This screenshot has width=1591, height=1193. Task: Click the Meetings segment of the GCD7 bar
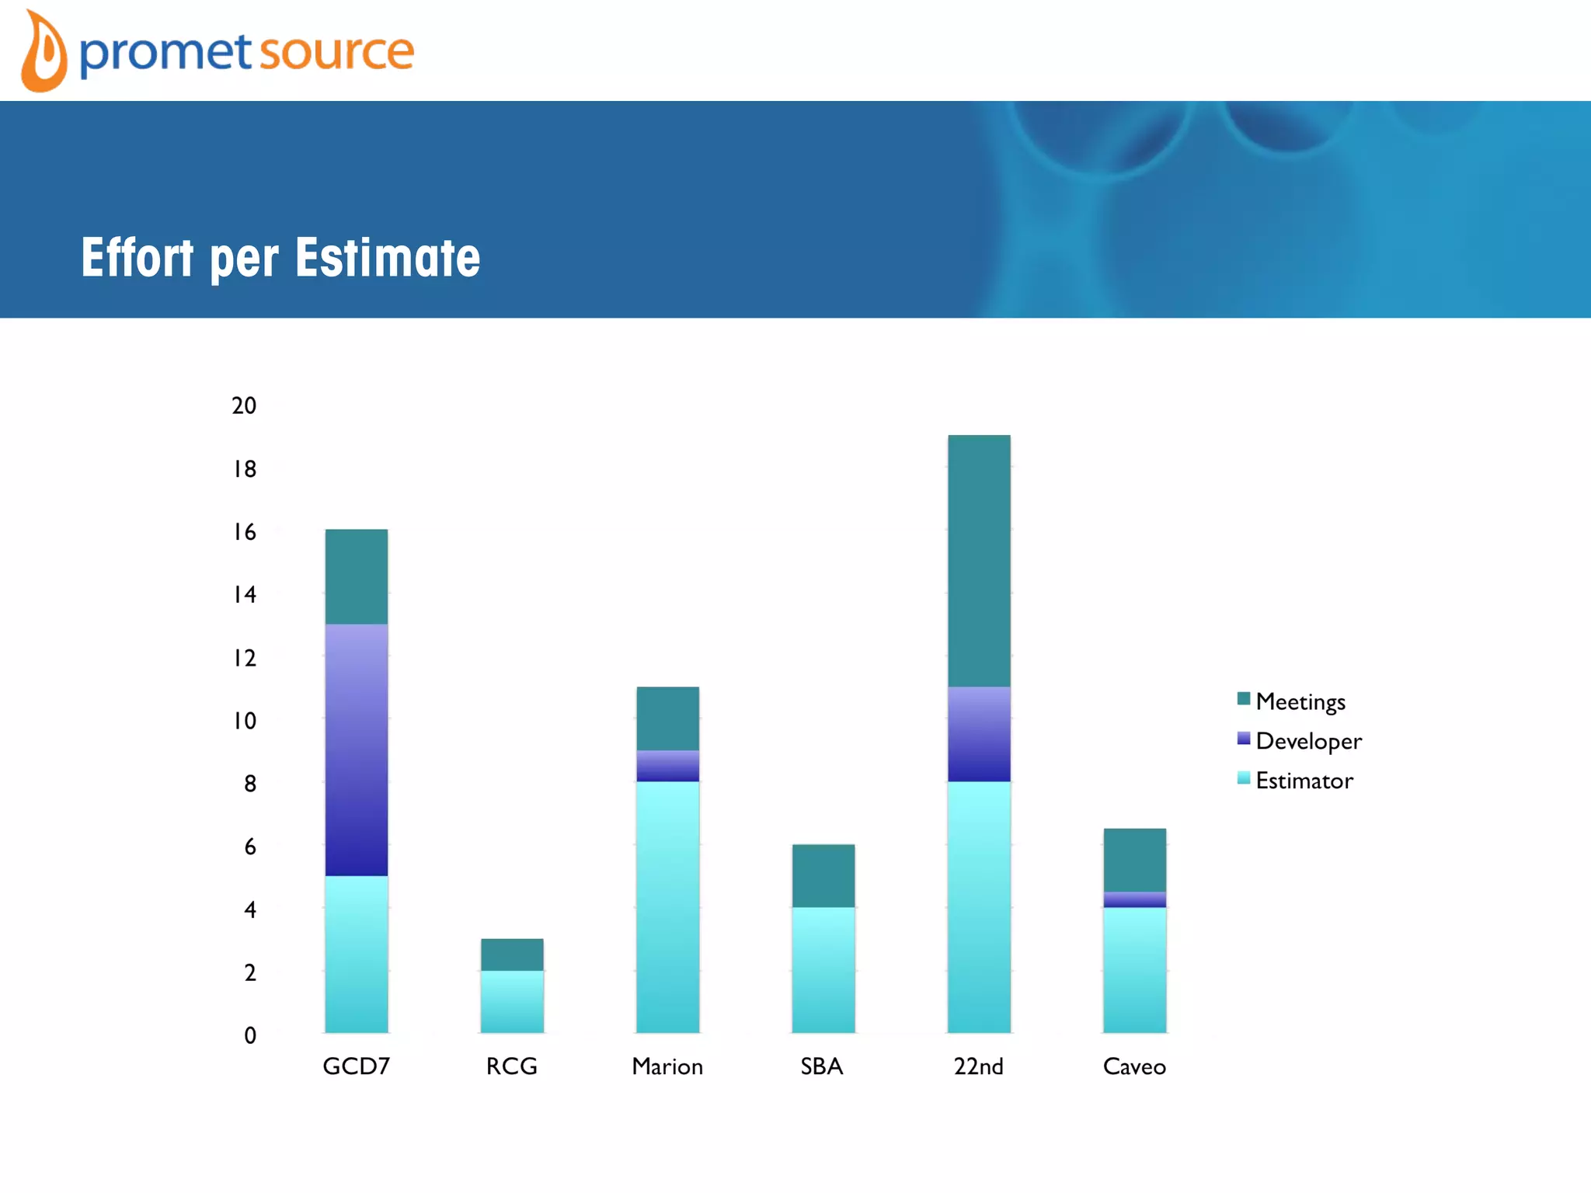pyautogui.click(x=356, y=576)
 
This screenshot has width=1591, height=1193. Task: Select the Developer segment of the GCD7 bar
pyautogui.click(x=356, y=750)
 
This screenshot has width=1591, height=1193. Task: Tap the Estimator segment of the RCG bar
pyautogui.click(x=511, y=1001)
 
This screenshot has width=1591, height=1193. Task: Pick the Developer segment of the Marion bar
pyautogui.click(x=667, y=766)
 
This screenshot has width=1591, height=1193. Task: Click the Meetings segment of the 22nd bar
pyautogui.click(x=979, y=561)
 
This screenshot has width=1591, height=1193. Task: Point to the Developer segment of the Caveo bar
pyautogui.click(x=1134, y=899)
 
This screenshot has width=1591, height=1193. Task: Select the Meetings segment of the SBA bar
pyautogui.click(x=823, y=875)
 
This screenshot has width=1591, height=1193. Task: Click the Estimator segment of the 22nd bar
pyautogui.click(x=979, y=906)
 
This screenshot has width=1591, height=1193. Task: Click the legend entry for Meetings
pyautogui.click(x=1299, y=701)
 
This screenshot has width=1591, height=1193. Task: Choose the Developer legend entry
pyautogui.click(x=1307, y=741)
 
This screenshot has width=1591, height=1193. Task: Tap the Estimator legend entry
pyautogui.click(x=1304, y=781)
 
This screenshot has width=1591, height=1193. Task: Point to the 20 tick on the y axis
pyautogui.click(x=244, y=405)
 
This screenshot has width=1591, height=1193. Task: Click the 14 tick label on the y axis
pyautogui.click(x=245, y=595)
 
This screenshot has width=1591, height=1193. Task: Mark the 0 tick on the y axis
pyautogui.click(x=249, y=1035)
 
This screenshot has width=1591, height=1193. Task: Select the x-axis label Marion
pyautogui.click(x=667, y=1066)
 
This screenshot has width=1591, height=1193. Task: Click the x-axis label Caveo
pyautogui.click(x=1134, y=1066)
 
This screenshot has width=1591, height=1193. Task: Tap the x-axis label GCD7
pyautogui.click(x=356, y=1066)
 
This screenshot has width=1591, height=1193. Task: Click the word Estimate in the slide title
pyautogui.click(x=388, y=258)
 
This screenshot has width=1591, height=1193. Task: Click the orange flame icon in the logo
pyautogui.click(x=44, y=53)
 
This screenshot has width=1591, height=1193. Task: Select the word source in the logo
pyautogui.click(x=336, y=53)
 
